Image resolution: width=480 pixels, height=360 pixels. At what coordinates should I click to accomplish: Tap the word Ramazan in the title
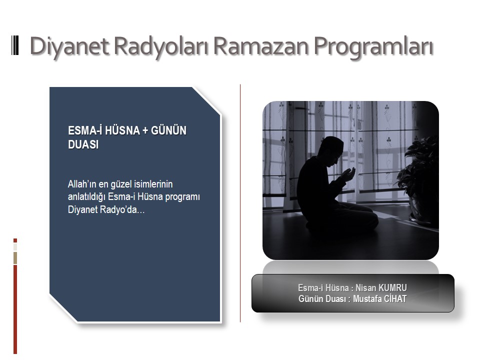point(261,46)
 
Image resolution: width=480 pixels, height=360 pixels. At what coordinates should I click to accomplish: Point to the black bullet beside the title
point(15,45)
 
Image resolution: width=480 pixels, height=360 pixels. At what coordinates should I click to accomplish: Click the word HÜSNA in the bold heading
point(122,130)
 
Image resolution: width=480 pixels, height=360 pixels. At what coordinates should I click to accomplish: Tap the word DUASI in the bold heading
point(83,144)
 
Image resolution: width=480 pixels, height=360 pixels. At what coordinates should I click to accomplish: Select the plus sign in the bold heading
point(145,130)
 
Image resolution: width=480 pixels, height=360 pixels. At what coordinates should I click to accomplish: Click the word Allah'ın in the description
point(81,184)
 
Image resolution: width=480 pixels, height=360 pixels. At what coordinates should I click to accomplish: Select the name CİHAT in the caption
point(395,299)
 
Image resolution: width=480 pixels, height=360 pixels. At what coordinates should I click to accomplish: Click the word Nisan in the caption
point(365,288)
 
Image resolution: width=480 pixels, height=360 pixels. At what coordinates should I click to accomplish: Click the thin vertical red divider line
point(240,203)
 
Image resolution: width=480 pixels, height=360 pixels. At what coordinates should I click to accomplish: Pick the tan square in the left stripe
point(15,258)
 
